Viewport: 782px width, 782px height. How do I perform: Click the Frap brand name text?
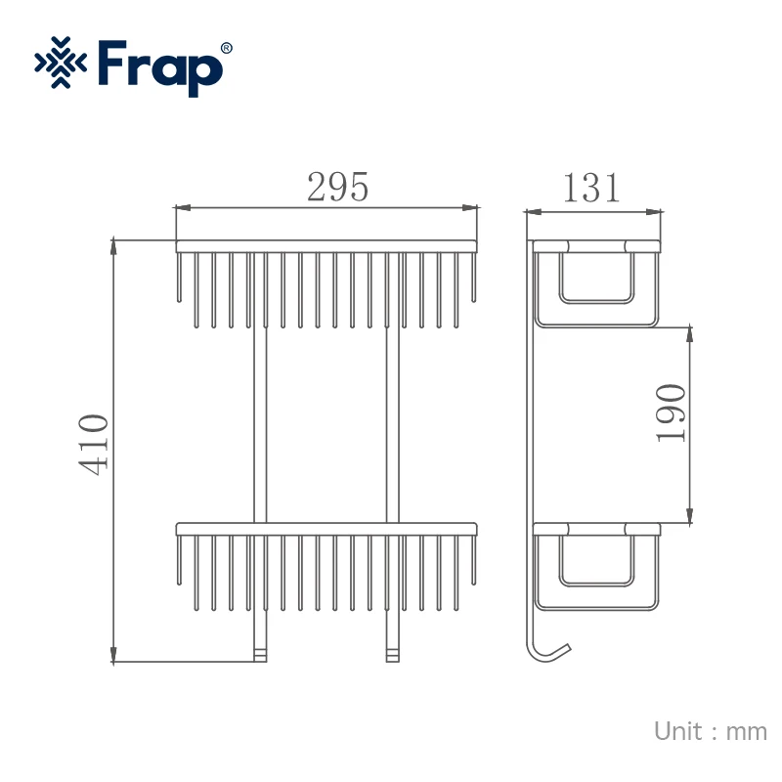pyautogui.click(x=160, y=67)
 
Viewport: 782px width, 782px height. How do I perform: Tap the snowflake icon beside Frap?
pyautogui.click(x=61, y=63)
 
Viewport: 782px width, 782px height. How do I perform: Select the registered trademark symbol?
pyautogui.click(x=226, y=48)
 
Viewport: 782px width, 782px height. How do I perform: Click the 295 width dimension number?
pyautogui.click(x=337, y=187)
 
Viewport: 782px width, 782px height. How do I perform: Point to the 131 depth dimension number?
pyautogui.click(x=591, y=188)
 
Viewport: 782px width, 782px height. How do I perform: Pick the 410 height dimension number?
pyautogui.click(x=93, y=445)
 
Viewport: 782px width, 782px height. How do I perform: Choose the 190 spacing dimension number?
pyautogui.click(x=671, y=413)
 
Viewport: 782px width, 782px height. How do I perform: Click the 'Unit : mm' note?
pyautogui.click(x=711, y=731)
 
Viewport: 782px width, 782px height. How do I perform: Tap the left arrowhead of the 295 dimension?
pyautogui.click(x=183, y=207)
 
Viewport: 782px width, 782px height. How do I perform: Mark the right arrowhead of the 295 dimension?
pyautogui.click(x=470, y=207)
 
